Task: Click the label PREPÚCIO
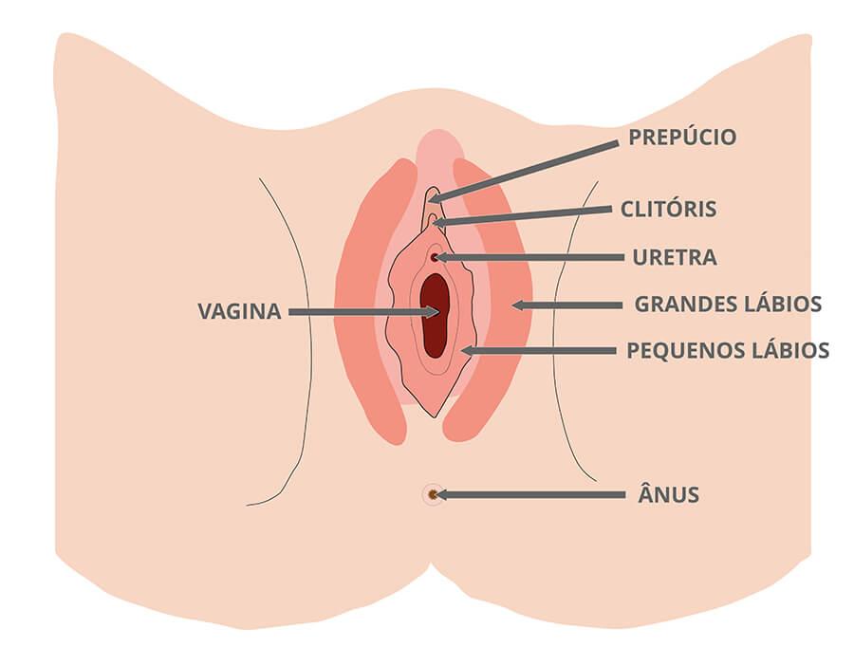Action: pos(681,138)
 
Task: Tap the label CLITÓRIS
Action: pos(668,209)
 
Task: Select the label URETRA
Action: pos(675,257)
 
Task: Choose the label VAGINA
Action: pos(239,311)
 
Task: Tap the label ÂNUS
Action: pos(669,494)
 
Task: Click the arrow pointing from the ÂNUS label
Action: pos(531,494)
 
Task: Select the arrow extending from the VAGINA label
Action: pos(361,311)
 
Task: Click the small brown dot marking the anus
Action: pos(432,494)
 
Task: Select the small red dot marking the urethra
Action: pos(435,257)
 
